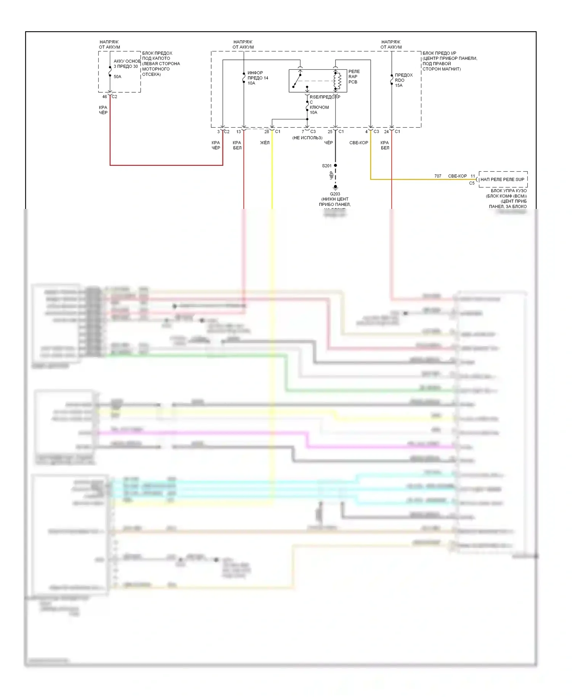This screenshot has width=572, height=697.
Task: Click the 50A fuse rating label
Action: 117,77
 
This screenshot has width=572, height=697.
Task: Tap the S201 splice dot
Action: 336,165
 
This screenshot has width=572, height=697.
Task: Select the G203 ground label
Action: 335,194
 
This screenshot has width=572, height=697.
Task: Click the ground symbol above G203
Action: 336,188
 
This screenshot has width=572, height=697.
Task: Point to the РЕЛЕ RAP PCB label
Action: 354,77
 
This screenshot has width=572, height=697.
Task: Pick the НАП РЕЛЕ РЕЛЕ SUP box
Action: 503,179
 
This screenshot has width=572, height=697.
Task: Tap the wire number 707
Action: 438,176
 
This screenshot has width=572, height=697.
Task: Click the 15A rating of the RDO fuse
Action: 398,85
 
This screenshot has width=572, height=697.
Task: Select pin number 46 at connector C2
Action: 104,97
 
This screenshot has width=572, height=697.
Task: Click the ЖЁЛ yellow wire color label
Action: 265,143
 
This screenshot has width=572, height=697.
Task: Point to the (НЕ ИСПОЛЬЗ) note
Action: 307,138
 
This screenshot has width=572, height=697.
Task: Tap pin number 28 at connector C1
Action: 267,132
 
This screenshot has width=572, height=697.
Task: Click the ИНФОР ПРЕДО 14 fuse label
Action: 258,78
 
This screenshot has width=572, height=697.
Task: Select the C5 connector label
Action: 472,183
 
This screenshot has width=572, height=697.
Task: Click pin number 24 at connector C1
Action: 386,132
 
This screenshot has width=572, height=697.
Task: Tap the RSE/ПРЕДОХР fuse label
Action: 325,97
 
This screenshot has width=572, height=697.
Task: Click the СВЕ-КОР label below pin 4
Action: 358,143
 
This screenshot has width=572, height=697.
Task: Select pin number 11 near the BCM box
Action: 473,176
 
